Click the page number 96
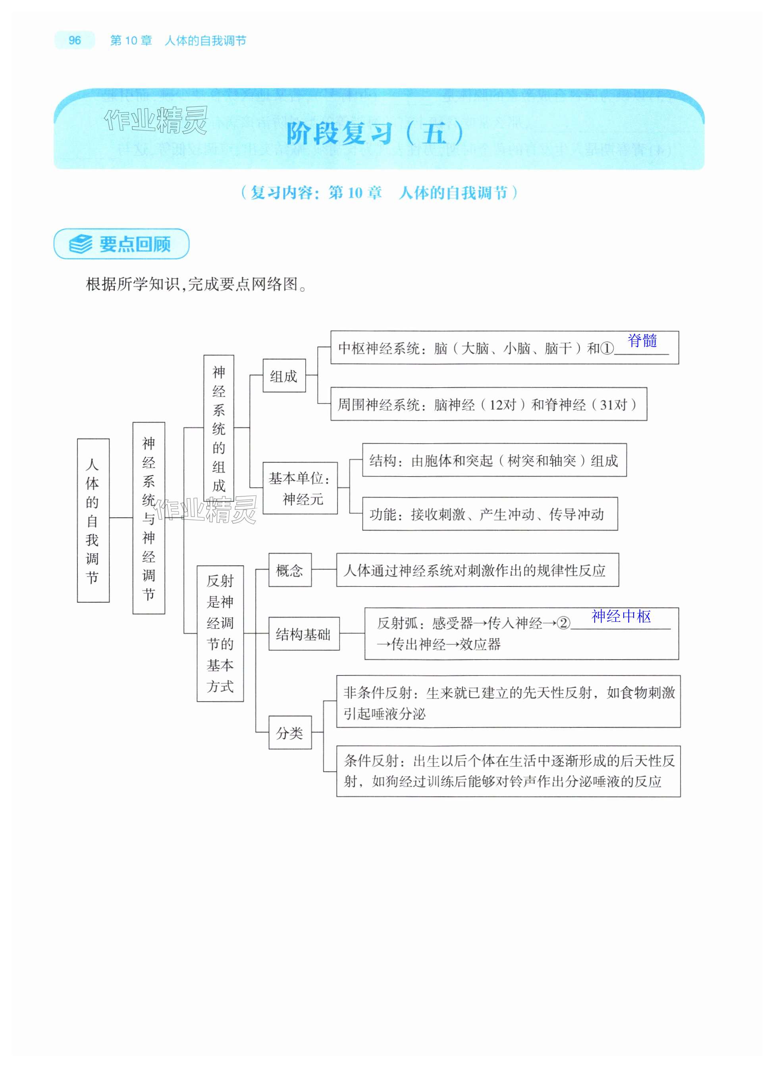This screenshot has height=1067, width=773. (74, 41)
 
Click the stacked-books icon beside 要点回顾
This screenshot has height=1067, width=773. (81, 244)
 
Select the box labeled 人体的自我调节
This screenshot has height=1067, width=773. (93, 520)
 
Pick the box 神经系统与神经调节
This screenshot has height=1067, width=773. (148, 518)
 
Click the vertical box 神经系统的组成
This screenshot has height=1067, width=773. (219, 428)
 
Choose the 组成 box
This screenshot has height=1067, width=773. (284, 376)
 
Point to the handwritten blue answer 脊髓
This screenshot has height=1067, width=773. (642, 341)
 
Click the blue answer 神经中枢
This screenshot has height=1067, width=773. (621, 616)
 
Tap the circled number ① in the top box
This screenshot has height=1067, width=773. (607, 349)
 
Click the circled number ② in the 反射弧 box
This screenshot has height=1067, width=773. (563, 623)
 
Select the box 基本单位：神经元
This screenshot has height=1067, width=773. (300, 488)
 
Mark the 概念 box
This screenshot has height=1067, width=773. (290, 570)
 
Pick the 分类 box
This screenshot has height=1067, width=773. (290, 733)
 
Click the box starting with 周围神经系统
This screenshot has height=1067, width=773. (488, 405)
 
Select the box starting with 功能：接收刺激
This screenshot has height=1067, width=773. (490, 514)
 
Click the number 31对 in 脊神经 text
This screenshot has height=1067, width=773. (613, 405)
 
